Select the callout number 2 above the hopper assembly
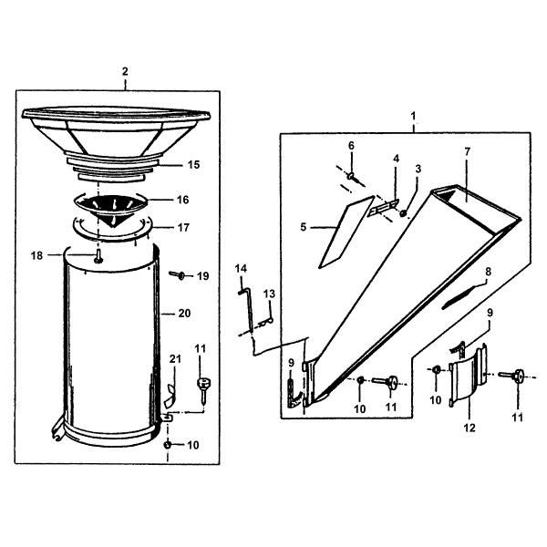point(125,71)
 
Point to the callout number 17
point(182,227)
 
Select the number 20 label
point(183,313)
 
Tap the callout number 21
point(173,358)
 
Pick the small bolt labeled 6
point(350,173)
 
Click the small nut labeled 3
point(403,213)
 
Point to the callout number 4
point(395,159)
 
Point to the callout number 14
point(241,267)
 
